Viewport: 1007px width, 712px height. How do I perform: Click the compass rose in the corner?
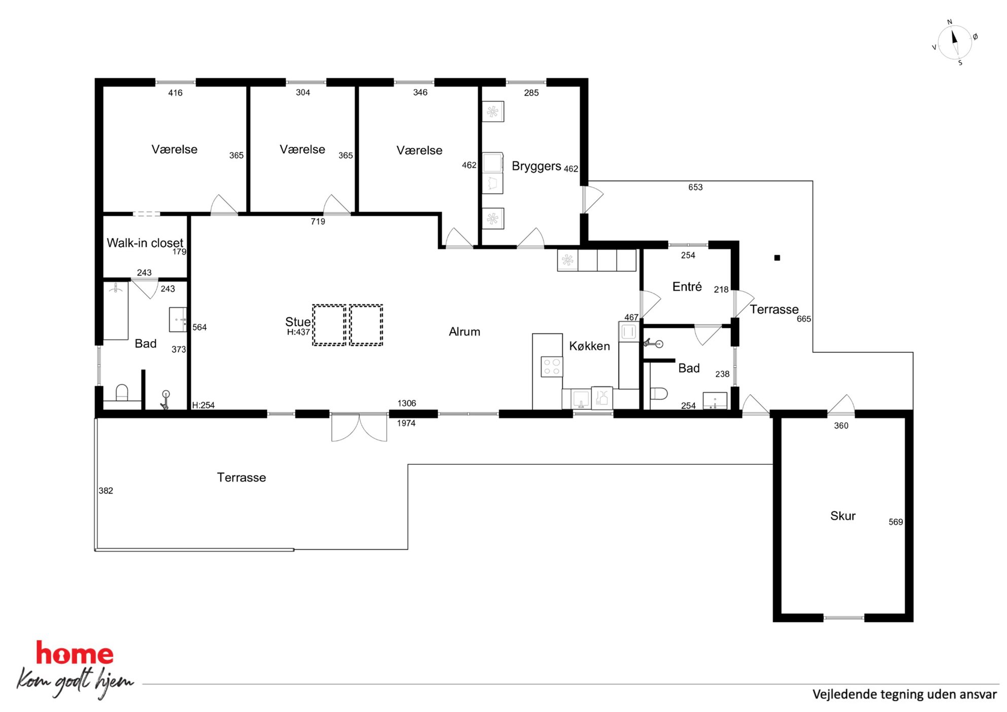955,43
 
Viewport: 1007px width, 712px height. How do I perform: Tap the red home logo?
75,654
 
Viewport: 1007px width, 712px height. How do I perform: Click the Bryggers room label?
536,166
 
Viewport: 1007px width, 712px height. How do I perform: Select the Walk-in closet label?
145,243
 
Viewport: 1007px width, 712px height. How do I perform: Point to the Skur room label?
843,516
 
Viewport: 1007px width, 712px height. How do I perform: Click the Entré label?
687,287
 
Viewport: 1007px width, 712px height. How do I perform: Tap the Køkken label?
589,346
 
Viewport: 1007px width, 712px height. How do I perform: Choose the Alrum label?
464,332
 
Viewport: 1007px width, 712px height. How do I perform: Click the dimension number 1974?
406,423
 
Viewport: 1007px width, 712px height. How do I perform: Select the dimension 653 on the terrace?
695,187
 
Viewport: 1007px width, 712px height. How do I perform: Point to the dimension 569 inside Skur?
895,522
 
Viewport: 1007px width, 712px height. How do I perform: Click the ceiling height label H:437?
298,332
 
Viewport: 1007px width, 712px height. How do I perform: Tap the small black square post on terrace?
777,258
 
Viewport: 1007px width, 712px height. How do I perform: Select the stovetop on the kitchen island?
552,367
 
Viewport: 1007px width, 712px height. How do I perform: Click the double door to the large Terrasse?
359,427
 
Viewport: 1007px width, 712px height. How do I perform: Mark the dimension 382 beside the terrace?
106,491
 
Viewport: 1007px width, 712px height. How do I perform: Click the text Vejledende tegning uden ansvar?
904,694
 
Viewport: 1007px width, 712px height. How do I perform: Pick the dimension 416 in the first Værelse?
175,93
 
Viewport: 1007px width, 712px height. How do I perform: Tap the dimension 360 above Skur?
841,426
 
